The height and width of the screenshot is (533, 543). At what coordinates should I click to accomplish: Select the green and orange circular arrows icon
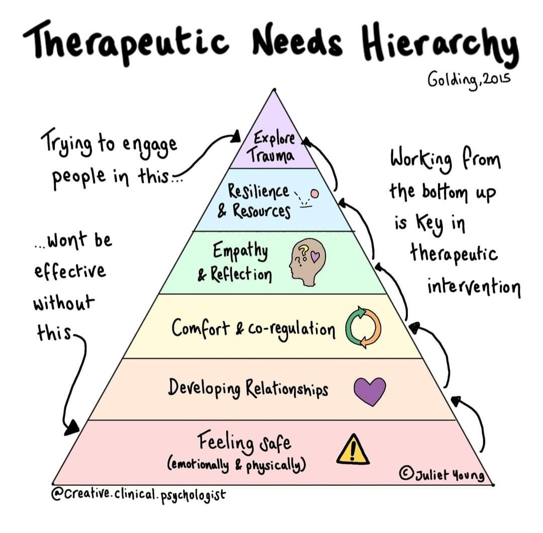coord(364,329)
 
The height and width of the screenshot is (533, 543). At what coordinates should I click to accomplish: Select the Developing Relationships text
coord(248,388)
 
